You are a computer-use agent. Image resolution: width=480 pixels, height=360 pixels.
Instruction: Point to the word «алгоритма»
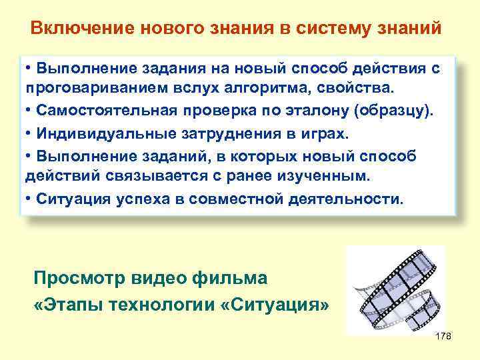point(247,87)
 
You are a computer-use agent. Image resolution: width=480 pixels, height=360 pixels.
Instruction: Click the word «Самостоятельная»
point(104,111)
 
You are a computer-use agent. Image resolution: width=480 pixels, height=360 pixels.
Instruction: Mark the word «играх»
point(328,133)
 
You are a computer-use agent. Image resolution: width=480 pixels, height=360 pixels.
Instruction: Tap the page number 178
point(443,337)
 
